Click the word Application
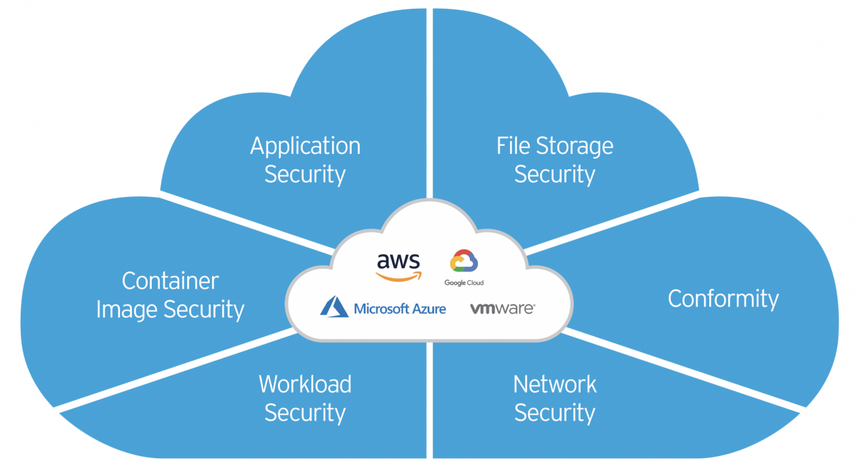point(305,146)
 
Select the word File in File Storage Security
point(513,146)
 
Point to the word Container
point(170,281)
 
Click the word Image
point(128,310)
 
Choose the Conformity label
point(723,298)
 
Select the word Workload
point(305,384)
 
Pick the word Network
point(555,384)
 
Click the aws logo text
point(398,261)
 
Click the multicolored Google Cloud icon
point(464,261)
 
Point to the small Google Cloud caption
point(464,283)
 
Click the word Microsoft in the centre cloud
point(381,309)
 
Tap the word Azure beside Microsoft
point(428,309)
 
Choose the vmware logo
point(502,308)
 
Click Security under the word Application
point(305,175)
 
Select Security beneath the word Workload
point(305,413)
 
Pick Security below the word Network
point(555,413)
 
